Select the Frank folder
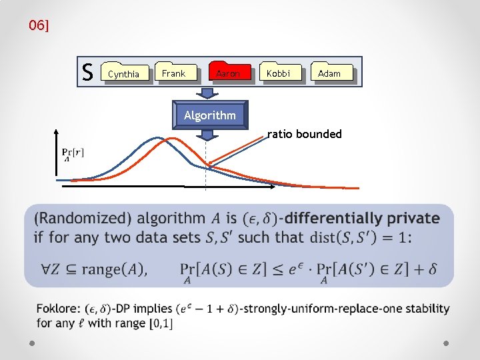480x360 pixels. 174,73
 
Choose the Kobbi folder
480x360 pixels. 279,73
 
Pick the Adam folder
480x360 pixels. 330,73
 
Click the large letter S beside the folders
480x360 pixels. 87,71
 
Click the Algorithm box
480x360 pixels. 210,115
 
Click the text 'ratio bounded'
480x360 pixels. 305,134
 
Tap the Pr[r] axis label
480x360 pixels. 73,154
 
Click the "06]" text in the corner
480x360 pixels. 39,26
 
